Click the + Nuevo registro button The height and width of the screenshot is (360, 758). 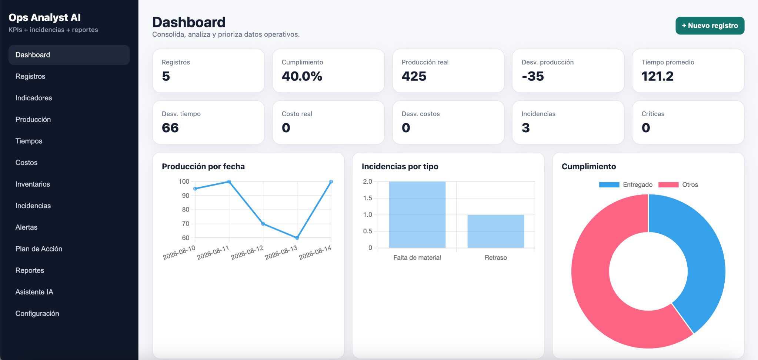(x=710, y=26)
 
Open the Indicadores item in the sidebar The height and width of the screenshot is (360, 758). (x=34, y=98)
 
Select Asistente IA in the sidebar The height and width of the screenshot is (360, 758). (x=34, y=292)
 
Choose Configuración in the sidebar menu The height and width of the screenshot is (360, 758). (x=37, y=313)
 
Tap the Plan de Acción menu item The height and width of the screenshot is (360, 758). (x=39, y=249)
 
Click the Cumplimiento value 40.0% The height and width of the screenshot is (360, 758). (x=302, y=76)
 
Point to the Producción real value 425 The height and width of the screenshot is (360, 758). (x=414, y=76)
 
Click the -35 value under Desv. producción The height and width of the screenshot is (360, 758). (x=533, y=76)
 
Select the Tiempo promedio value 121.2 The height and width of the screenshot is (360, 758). (x=657, y=76)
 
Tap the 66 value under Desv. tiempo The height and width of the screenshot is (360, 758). (x=170, y=128)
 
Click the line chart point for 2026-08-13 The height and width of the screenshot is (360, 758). (x=297, y=238)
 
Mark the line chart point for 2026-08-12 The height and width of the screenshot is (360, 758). (x=263, y=224)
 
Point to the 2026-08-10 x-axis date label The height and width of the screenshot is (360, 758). (x=179, y=252)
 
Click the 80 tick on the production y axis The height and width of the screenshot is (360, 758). (x=186, y=210)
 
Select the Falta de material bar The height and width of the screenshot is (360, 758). (x=417, y=214)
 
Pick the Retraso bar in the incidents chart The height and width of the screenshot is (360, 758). (x=496, y=231)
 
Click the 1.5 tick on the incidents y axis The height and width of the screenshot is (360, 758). (x=367, y=198)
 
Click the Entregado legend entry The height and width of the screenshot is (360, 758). (x=626, y=184)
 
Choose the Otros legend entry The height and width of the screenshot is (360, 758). (x=678, y=184)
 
